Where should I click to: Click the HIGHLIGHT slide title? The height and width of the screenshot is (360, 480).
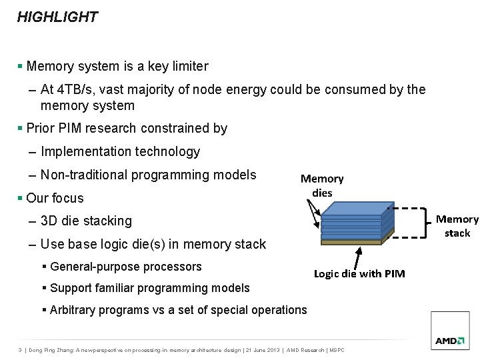[57, 17]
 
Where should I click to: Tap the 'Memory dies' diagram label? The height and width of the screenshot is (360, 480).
[322, 185]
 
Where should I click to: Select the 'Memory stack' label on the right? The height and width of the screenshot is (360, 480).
[457, 226]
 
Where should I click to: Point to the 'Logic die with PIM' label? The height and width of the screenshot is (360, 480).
[359, 274]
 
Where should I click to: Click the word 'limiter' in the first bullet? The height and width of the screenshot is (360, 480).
[189, 66]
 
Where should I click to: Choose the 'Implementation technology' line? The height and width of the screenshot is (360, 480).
[120, 152]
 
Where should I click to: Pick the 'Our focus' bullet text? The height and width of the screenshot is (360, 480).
[55, 198]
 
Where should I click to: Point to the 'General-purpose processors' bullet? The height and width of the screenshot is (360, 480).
[126, 267]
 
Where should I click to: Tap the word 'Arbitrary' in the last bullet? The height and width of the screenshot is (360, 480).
[73, 309]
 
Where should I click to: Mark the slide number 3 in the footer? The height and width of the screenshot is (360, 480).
[20, 351]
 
